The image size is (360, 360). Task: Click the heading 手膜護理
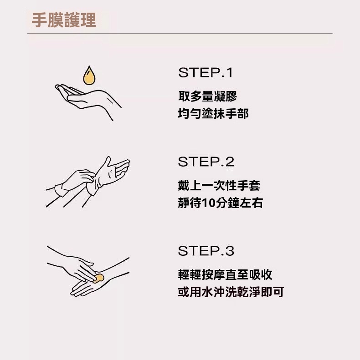[x=64, y=20]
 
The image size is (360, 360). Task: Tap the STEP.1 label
[x=205, y=72]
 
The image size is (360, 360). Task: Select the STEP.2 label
[x=206, y=162]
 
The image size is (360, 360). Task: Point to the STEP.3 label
[x=206, y=251]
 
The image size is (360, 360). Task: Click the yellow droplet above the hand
[x=89, y=76]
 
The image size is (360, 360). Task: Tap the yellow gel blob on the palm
[x=98, y=278]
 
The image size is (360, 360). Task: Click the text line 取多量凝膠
[x=208, y=96]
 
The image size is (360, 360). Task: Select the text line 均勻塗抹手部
[x=213, y=114]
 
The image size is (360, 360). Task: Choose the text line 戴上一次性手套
[x=219, y=185]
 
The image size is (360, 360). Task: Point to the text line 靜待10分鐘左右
[x=220, y=203]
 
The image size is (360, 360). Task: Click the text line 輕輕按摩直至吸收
[x=225, y=274]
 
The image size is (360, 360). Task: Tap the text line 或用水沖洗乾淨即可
[x=231, y=292]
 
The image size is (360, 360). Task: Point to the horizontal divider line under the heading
[x=180, y=34]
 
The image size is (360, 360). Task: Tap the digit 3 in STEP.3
[x=230, y=251]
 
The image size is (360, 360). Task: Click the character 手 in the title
[x=39, y=20]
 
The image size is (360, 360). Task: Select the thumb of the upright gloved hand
[x=107, y=163]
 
